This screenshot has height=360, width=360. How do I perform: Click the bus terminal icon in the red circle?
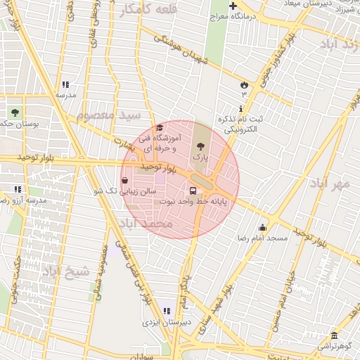point(193,191)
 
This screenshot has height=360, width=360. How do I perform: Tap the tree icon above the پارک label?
point(201,147)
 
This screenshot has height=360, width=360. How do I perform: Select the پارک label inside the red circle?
point(201,159)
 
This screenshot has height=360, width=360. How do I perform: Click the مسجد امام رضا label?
point(263,238)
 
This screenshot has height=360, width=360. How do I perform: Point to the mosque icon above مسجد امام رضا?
point(263,227)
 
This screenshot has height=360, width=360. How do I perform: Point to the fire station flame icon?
point(245,84)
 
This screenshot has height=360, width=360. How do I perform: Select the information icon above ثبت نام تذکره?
point(242,108)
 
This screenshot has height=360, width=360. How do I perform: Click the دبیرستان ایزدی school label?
point(162,322)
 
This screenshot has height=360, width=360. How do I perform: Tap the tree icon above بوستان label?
point(15,112)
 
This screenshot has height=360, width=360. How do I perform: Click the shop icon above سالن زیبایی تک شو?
point(124,180)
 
